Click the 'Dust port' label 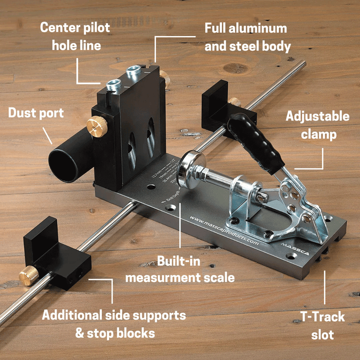35,113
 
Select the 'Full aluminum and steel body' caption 247,37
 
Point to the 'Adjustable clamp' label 317,125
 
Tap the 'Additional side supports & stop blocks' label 114,323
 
